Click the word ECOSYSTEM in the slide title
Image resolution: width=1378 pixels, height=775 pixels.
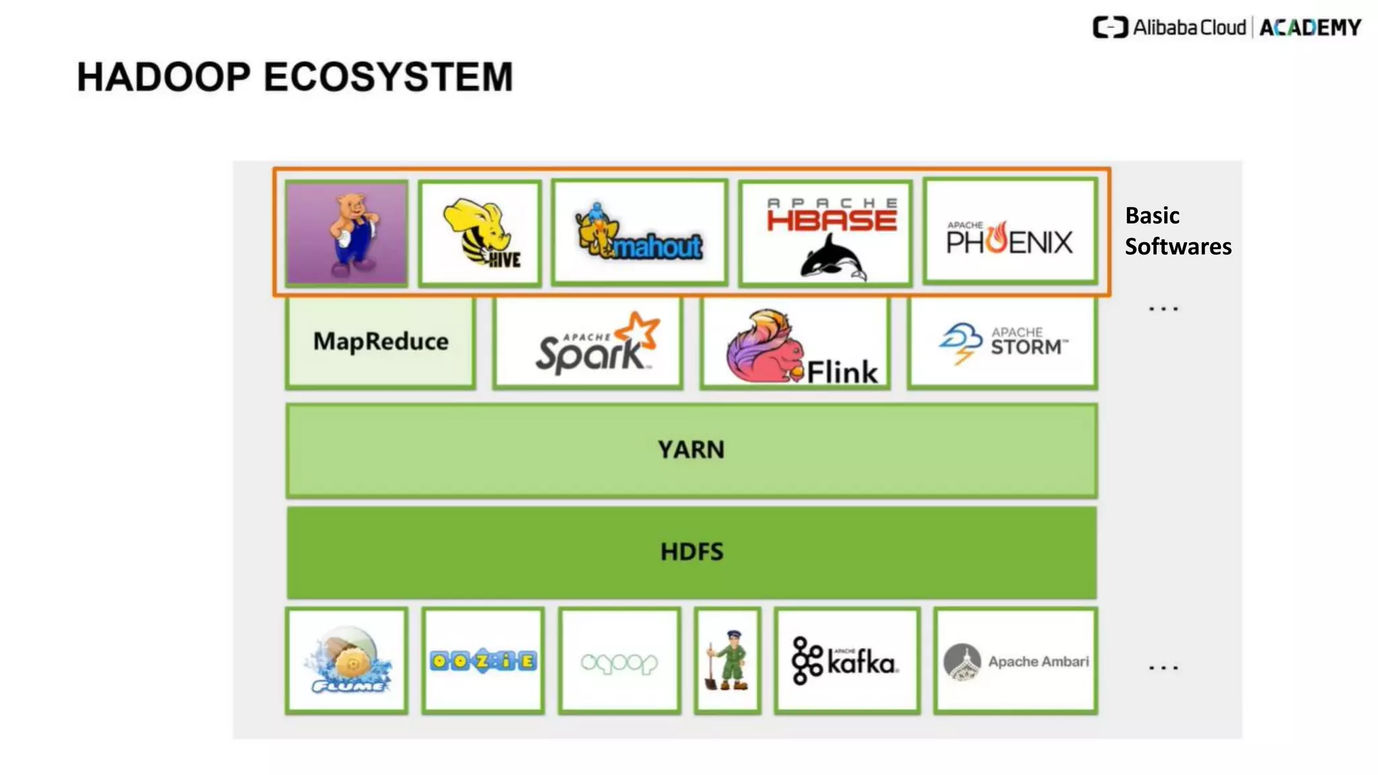point(388,77)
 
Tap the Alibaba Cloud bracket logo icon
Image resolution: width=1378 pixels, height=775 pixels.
point(1110,28)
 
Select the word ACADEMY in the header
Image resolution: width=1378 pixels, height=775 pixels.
point(1309,28)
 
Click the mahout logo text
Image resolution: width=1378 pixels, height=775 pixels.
point(657,248)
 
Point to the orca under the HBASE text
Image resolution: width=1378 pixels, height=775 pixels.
point(832,258)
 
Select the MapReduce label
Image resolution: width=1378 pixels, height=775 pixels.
point(381,341)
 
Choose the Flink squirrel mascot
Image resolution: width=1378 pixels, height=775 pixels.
point(764,348)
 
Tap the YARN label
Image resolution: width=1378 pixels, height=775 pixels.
point(691,449)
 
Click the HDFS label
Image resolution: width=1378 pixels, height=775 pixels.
point(691,552)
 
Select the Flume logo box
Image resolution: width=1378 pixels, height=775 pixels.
point(347,660)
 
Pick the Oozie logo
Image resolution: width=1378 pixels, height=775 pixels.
point(482,661)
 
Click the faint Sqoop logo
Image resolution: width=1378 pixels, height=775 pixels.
point(619,663)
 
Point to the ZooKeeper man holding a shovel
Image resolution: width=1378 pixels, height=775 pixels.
point(728,660)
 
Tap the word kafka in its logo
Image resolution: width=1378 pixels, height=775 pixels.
point(861,663)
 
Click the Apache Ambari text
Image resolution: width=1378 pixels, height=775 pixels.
point(1038,661)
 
